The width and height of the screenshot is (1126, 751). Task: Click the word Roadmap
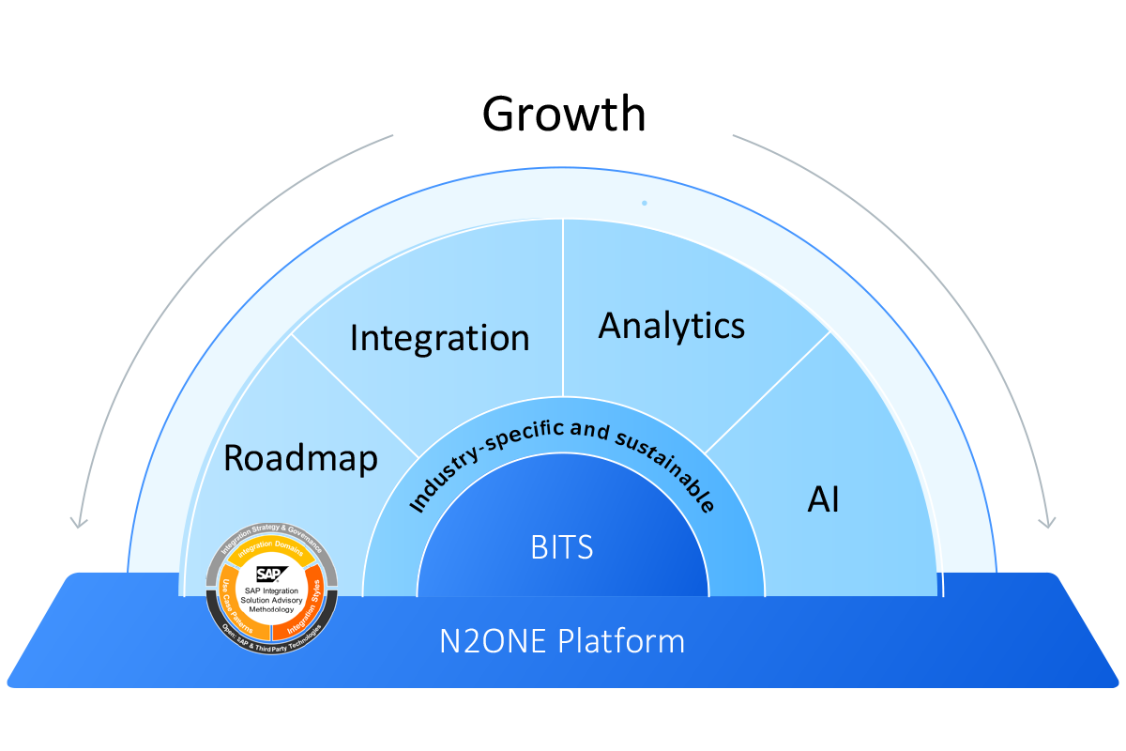(300, 458)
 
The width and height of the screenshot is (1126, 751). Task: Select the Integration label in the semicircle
(439, 337)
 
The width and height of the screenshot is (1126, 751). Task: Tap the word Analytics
(672, 326)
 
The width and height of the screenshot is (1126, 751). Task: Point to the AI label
(823, 500)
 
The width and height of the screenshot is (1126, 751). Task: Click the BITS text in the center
(562, 547)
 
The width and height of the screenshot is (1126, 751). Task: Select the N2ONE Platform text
(562, 642)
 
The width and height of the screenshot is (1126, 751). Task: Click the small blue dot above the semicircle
(644, 203)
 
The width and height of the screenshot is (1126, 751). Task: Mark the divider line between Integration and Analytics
(562, 310)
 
